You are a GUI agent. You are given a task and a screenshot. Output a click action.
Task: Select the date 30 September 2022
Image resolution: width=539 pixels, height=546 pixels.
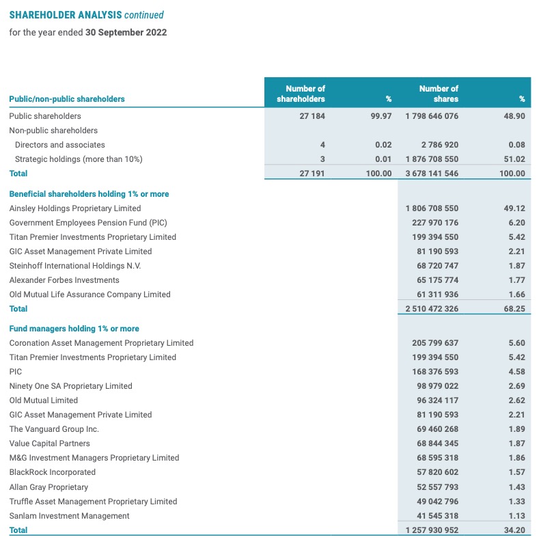(x=126, y=32)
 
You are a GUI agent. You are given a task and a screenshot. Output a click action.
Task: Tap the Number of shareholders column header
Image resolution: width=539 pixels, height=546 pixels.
(x=301, y=94)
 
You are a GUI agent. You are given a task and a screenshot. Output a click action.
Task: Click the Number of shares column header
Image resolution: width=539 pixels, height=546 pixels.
(x=438, y=94)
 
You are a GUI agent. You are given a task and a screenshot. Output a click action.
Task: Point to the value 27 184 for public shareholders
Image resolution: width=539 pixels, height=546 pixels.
(x=312, y=116)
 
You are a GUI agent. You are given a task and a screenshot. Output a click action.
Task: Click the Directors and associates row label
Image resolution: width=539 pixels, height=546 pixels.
(x=60, y=145)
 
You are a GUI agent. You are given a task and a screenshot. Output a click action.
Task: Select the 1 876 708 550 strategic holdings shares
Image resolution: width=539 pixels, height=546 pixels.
(x=432, y=159)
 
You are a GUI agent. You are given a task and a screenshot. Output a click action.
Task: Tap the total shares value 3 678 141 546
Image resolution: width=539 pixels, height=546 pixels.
(x=432, y=174)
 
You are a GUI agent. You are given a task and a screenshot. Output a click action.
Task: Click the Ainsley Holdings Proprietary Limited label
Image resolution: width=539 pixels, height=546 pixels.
(x=75, y=208)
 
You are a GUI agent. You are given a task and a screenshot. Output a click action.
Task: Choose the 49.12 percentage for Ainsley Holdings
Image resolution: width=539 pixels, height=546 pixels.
(x=514, y=208)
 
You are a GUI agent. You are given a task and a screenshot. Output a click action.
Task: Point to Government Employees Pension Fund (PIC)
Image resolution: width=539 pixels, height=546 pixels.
(x=88, y=223)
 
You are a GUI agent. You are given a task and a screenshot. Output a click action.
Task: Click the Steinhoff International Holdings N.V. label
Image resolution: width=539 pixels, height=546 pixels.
(x=75, y=266)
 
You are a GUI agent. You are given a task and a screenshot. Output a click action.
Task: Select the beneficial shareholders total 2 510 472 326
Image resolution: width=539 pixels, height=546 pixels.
(x=432, y=309)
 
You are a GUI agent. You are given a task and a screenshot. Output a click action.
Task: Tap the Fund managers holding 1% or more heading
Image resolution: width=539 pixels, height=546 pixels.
(x=74, y=329)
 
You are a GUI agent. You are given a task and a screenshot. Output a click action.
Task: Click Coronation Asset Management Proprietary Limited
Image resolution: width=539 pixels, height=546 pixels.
(x=101, y=343)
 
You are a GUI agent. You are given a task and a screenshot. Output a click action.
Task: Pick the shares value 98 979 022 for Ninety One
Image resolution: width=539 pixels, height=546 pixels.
(x=434, y=386)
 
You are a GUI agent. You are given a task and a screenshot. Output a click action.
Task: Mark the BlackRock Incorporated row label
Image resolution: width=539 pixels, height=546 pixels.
(x=53, y=472)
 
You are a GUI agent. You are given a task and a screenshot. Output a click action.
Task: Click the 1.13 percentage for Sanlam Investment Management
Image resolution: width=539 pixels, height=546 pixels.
(x=516, y=516)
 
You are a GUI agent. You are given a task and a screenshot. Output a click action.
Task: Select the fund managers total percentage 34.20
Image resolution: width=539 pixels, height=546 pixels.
(x=514, y=530)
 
